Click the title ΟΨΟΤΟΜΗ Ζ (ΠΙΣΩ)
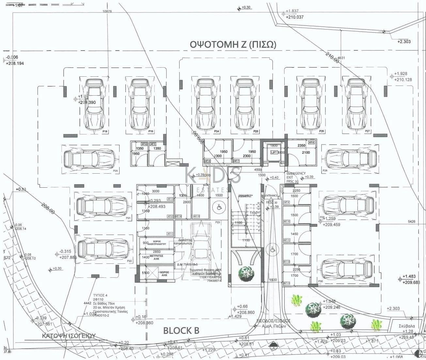[233, 44]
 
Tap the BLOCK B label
[181, 331]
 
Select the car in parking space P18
[93, 104]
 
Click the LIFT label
[274, 152]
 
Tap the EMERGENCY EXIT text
[296, 175]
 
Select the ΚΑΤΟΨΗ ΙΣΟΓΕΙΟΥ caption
[69, 336]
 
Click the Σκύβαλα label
[407, 326]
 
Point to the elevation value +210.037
[295, 17]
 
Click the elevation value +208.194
[15, 63]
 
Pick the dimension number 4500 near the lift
[258, 170]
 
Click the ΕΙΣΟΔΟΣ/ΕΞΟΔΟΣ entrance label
[274, 321]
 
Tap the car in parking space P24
[205, 104]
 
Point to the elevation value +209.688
[411, 283]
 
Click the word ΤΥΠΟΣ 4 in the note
[100, 295]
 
